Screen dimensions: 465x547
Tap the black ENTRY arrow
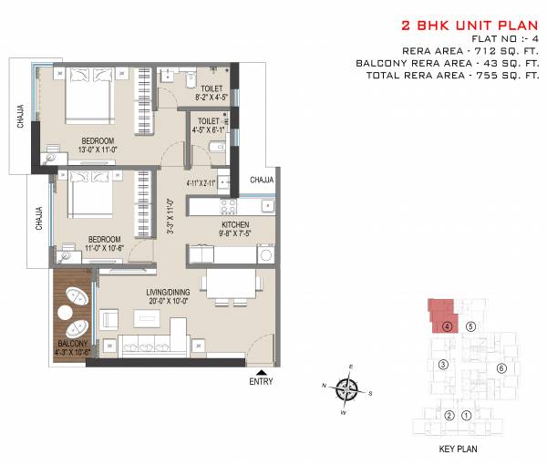click(x=263, y=374)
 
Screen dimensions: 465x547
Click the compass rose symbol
click(x=346, y=391)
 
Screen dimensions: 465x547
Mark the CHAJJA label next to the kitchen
click(x=262, y=180)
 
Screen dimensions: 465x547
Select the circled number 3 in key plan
click(x=442, y=365)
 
